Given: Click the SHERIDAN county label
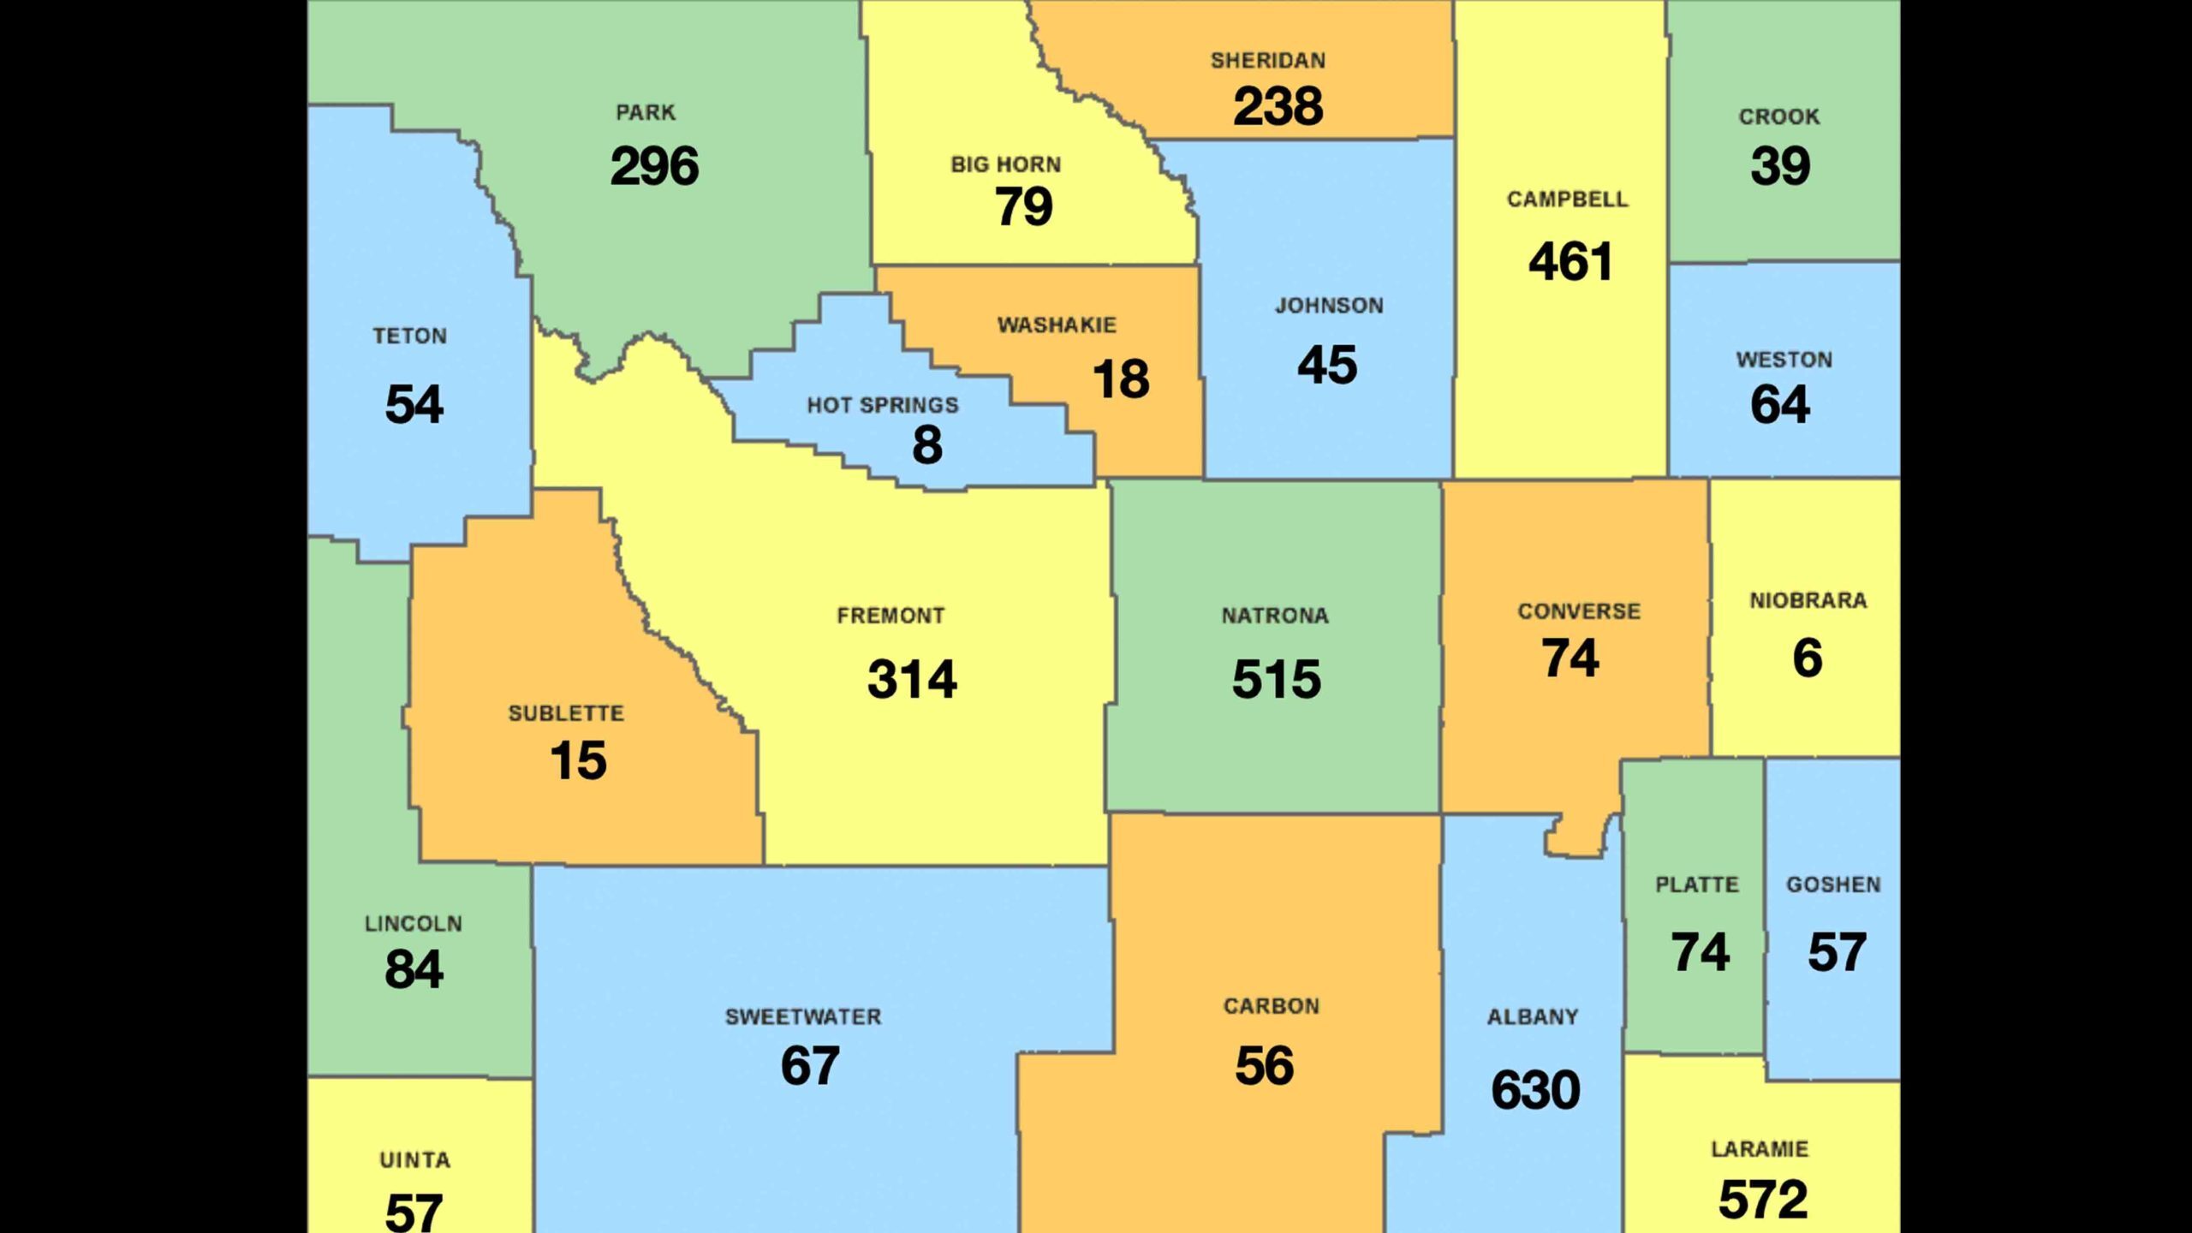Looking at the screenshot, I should coord(1267,61).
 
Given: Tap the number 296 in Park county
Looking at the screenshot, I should coord(654,166).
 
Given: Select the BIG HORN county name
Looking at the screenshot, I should coord(1005,164).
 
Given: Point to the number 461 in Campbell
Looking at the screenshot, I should coord(1570,261).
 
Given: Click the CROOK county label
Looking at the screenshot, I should coord(1778,116).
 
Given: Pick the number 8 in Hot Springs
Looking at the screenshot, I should coord(927,445).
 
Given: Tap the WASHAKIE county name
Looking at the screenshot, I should coord(1057,325).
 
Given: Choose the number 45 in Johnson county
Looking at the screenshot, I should coord(1327,366).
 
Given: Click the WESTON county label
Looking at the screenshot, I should coord(1784,360).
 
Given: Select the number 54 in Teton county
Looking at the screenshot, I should coord(414,404).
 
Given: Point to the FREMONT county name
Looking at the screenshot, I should coord(890,616).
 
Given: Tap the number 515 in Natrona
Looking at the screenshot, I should coord(1276,680).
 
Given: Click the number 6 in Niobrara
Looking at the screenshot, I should coord(1807,658).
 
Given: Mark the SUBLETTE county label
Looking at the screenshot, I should coord(566,713).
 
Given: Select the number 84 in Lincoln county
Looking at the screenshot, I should coord(414,969).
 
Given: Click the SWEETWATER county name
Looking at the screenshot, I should coord(802,1017).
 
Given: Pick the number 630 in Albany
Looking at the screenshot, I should coord(1535,1090).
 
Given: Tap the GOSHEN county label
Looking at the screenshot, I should coord(1832,885).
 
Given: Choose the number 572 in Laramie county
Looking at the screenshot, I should coord(1762,1200).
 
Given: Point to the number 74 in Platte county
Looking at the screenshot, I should coord(1700,952).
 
